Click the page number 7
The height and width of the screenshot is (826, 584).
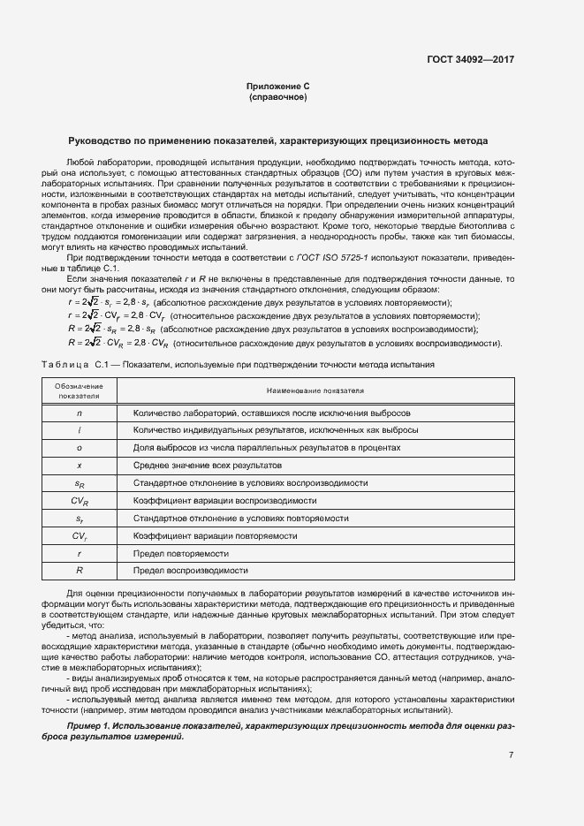(511, 754)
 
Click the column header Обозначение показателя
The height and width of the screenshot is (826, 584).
(80, 390)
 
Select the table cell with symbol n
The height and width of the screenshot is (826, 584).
(80, 413)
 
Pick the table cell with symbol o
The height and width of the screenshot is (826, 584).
(80, 448)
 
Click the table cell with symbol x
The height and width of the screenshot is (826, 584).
(80, 465)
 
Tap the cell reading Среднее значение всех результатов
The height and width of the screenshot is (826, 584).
(207, 465)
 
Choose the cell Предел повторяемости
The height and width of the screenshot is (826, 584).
(180, 553)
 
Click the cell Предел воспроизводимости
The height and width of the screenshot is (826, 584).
(190, 571)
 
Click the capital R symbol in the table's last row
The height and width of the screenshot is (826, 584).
(80, 571)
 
